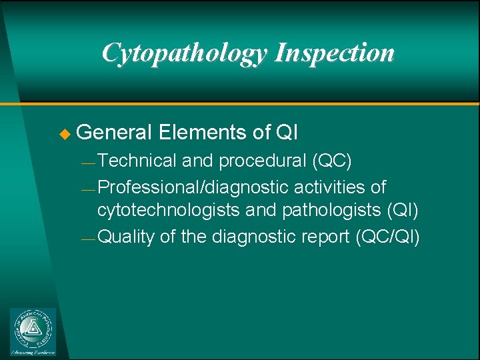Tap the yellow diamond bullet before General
pyautogui.click(x=64, y=133)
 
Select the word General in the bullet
pyautogui.click(x=115, y=133)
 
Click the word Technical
pyautogui.click(x=137, y=161)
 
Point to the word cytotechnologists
pyautogui.click(x=169, y=211)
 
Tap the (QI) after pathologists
pyautogui.click(x=402, y=211)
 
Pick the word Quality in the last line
pyautogui.click(x=125, y=236)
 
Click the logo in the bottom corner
pyautogui.click(x=33, y=331)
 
